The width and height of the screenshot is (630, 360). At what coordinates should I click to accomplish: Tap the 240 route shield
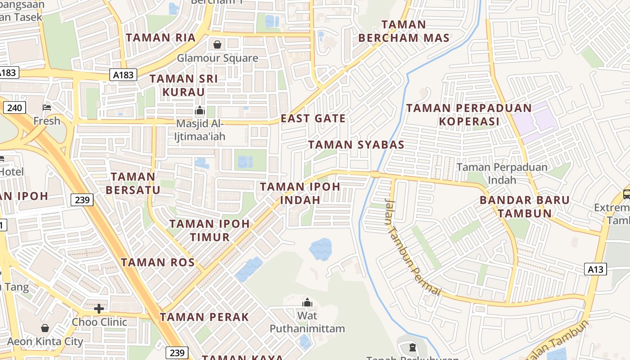(x=14, y=108)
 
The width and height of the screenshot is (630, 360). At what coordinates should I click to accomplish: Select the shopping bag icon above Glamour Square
(x=217, y=45)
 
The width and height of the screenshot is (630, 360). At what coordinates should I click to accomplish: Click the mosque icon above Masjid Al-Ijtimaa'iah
(x=199, y=110)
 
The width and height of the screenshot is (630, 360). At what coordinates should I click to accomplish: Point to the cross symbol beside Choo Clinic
(x=99, y=309)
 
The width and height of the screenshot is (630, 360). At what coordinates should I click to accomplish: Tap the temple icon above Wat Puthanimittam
(x=307, y=302)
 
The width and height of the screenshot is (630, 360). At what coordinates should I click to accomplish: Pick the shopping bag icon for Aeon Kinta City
(x=45, y=328)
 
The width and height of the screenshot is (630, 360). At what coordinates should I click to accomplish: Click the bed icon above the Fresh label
(x=47, y=108)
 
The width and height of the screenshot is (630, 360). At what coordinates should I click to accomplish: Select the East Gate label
(x=313, y=119)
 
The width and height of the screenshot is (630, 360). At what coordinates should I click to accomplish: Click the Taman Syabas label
(x=356, y=145)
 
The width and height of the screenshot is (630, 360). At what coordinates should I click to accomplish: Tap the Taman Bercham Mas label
(x=404, y=31)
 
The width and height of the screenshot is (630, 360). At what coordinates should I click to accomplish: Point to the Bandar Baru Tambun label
(x=525, y=207)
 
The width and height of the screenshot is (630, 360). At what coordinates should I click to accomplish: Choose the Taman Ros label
(x=157, y=262)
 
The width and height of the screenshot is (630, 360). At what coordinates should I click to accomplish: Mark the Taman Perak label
(x=204, y=317)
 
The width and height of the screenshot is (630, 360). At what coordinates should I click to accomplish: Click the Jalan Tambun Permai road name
(x=412, y=247)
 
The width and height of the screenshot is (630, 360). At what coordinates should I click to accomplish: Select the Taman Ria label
(x=161, y=38)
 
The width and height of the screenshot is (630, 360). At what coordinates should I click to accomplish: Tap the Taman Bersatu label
(x=133, y=183)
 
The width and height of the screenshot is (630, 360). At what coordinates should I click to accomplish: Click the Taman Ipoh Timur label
(x=210, y=230)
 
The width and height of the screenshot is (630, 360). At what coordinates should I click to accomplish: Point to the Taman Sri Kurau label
(x=184, y=85)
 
